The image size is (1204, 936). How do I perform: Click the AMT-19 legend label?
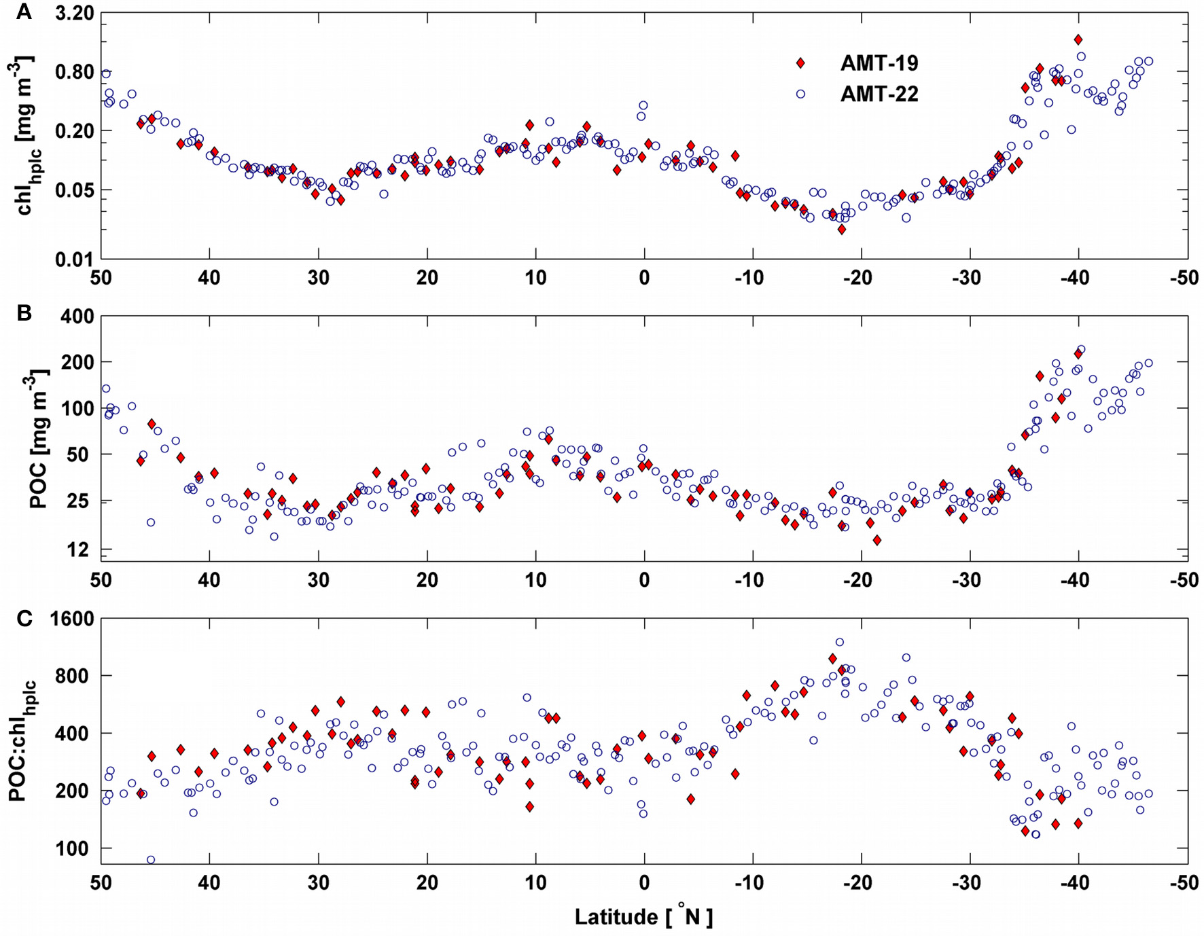tap(879, 63)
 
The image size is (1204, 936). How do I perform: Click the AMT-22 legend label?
tap(879, 94)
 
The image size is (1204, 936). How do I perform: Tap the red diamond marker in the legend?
tap(800, 63)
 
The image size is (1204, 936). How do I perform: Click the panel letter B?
tap(24, 313)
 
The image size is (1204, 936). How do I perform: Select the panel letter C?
tap(24, 618)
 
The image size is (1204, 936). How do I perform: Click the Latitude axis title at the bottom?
tap(643, 917)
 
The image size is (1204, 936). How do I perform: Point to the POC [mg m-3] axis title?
tap(39, 438)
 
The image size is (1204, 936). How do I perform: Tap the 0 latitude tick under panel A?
tap(643, 277)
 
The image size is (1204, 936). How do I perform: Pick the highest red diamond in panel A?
tap(1078, 40)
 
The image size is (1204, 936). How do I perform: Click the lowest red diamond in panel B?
tap(877, 540)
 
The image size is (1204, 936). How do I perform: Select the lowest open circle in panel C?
tap(151, 860)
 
